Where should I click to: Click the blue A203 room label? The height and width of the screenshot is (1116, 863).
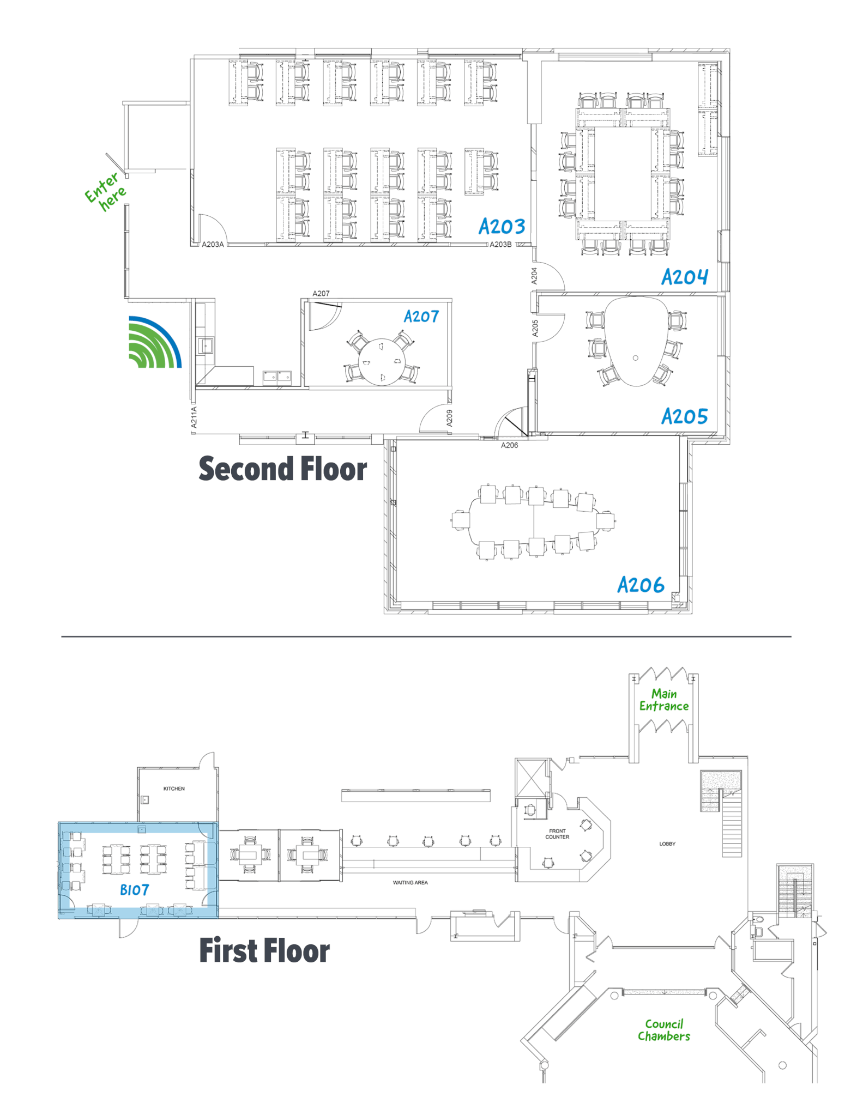tap(502, 226)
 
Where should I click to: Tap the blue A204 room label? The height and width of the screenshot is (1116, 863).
tap(685, 277)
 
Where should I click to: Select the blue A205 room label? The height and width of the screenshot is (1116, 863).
tap(685, 416)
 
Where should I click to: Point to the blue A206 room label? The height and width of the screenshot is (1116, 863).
tap(641, 585)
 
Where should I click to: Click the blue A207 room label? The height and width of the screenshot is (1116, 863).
tap(421, 316)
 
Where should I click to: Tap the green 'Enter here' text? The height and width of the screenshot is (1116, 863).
tap(105, 191)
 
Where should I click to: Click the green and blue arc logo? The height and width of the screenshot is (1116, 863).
tap(155, 342)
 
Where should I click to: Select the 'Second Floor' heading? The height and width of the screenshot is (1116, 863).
tap(282, 469)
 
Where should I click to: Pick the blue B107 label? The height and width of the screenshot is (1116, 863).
tap(134, 890)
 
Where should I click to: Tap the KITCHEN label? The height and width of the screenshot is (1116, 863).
tap(174, 789)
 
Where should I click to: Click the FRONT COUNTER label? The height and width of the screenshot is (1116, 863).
tap(557, 834)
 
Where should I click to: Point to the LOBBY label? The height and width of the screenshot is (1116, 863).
tap(667, 844)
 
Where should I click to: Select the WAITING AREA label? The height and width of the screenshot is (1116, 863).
tap(411, 882)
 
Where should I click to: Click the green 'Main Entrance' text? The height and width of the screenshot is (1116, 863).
tap(664, 700)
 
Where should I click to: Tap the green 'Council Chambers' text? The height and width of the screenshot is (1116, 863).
tap(664, 1030)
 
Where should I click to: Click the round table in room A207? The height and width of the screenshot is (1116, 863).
tap(382, 362)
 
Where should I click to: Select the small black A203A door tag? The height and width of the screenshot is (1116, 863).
tap(213, 244)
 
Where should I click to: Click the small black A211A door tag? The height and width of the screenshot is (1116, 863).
tap(194, 417)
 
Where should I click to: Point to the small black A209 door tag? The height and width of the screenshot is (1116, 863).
tap(449, 417)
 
